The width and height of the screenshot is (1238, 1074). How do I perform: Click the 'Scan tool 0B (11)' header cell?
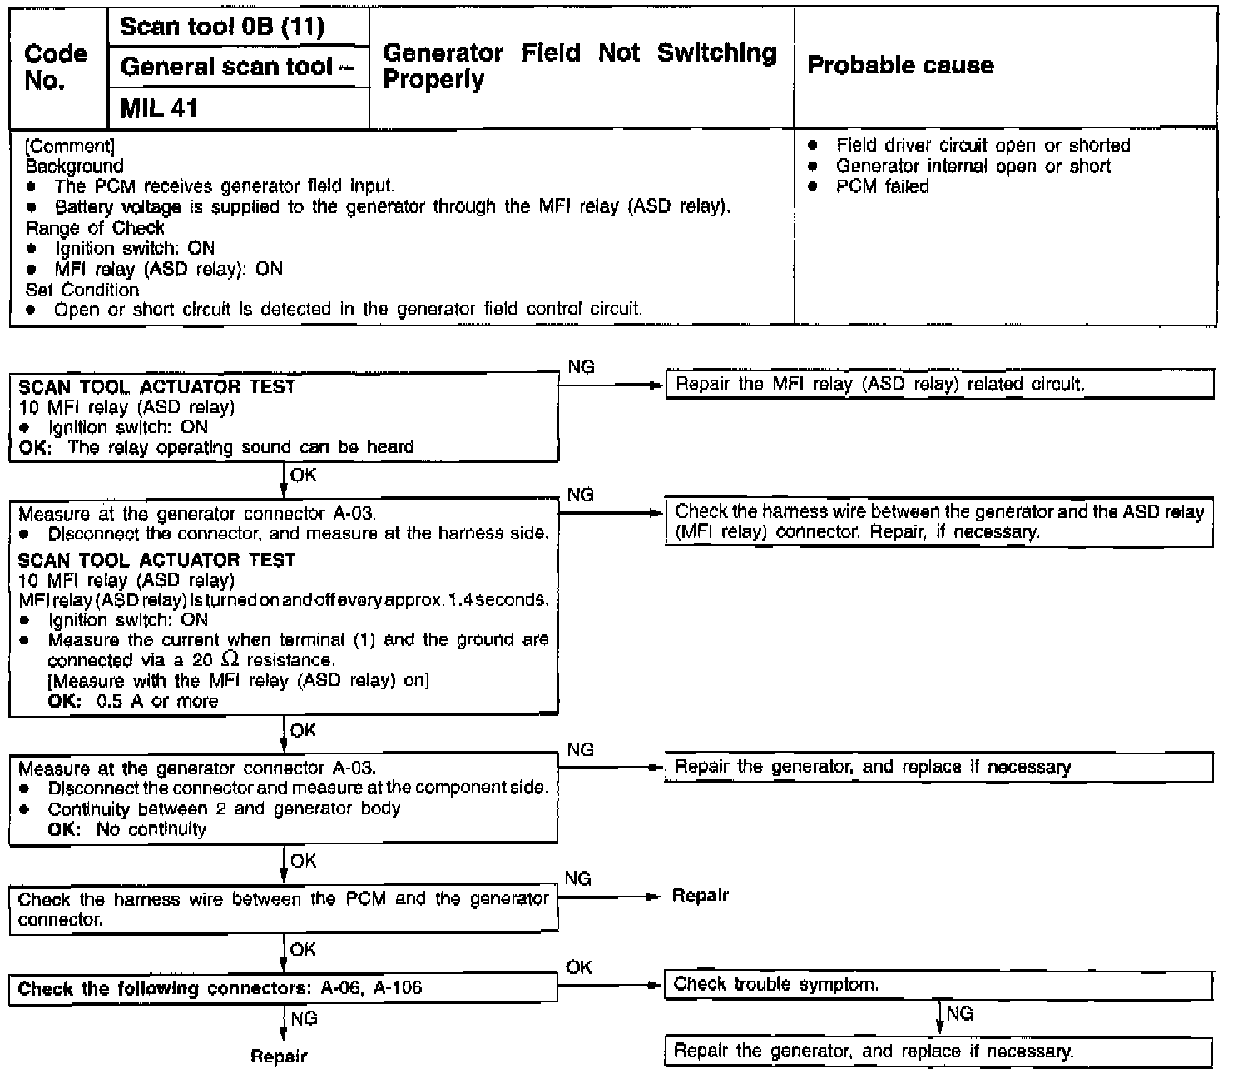(222, 27)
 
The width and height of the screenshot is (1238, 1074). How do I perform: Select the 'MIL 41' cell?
(159, 108)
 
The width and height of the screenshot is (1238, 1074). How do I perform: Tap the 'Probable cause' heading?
(900, 66)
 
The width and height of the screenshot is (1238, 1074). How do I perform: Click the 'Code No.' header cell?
(56, 67)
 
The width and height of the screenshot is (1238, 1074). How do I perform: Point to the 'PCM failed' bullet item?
(882, 186)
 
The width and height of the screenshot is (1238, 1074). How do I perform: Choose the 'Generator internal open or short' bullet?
(973, 166)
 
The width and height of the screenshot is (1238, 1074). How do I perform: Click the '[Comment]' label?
(70, 147)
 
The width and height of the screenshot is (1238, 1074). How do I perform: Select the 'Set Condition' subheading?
(82, 290)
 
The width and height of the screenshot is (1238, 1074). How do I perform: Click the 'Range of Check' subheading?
(95, 228)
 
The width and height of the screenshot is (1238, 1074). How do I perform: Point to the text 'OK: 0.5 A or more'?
(133, 701)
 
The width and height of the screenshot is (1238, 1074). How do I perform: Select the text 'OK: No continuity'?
(126, 829)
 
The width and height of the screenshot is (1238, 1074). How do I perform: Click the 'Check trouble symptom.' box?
(938, 985)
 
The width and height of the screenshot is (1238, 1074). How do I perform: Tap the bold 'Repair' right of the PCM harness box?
(700, 896)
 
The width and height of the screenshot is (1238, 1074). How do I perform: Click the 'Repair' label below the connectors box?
(280, 1057)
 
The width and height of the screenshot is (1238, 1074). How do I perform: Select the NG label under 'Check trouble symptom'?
(959, 1013)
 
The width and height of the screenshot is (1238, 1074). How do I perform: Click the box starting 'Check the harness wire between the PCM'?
(283, 909)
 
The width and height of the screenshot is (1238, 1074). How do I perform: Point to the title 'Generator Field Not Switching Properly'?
(579, 66)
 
